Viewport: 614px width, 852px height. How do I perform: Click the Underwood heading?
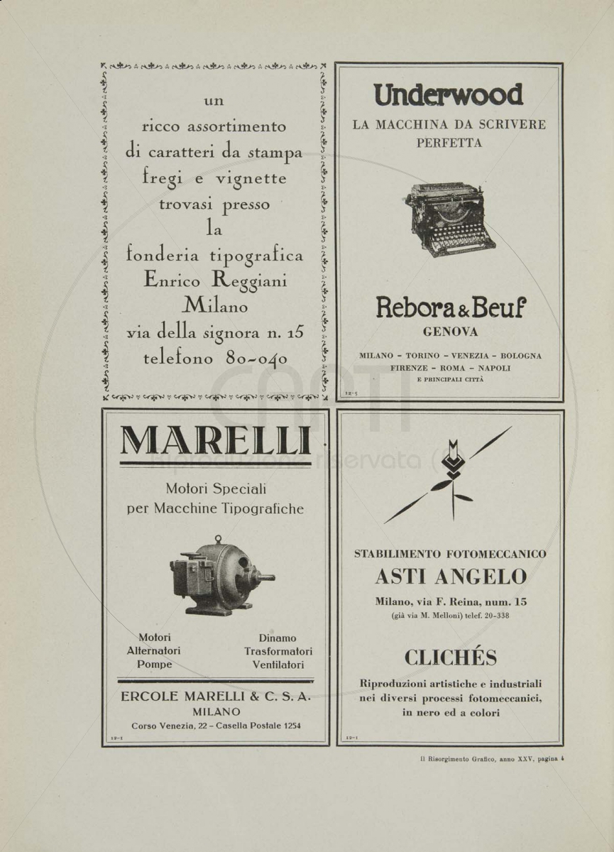[449, 94]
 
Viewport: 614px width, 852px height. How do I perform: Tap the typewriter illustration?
[451, 220]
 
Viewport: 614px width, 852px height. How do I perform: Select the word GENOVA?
[450, 332]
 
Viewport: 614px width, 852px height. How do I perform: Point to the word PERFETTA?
[449, 143]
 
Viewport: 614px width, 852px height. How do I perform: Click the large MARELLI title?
[216, 440]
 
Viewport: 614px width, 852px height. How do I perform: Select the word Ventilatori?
[278, 665]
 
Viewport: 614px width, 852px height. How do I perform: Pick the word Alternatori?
[153, 651]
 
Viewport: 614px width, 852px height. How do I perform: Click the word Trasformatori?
[278, 651]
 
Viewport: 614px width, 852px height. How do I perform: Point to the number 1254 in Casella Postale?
[292, 726]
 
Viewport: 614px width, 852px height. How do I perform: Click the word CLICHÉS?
[451, 657]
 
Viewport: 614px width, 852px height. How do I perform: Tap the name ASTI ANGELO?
[451, 577]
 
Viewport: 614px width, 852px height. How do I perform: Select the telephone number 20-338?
[496, 616]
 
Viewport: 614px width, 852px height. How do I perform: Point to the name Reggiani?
[249, 281]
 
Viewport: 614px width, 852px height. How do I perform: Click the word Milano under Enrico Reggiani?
[216, 305]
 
